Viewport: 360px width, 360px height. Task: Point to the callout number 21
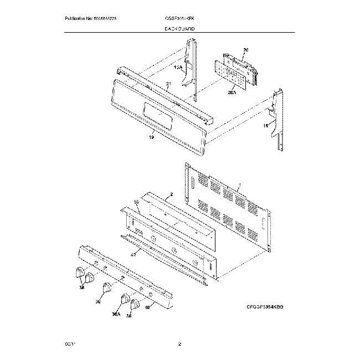tap(167, 84)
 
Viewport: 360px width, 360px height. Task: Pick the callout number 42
tap(133, 255)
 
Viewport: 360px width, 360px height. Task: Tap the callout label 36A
tap(116, 314)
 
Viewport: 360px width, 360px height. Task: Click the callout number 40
tap(147, 308)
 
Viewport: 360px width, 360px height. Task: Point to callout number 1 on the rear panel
tap(239, 185)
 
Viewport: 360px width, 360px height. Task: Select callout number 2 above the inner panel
tap(171, 195)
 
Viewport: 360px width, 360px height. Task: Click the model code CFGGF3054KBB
tap(265, 306)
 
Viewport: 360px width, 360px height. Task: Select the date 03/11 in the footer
tap(69, 344)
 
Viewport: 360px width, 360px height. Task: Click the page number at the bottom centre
tap(179, 344)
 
